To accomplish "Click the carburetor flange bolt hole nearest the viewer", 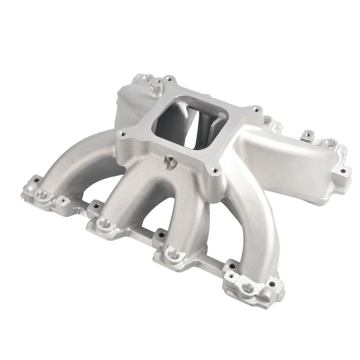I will (215, 170).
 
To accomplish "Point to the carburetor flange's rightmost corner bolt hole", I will (256, 110).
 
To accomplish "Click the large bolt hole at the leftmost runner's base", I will (41, 195).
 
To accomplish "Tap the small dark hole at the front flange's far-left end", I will (36, 180).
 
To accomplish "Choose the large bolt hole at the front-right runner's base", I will (246, 288).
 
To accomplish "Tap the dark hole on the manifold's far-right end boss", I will (343, 171).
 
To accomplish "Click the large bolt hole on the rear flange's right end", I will (330, 143).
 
